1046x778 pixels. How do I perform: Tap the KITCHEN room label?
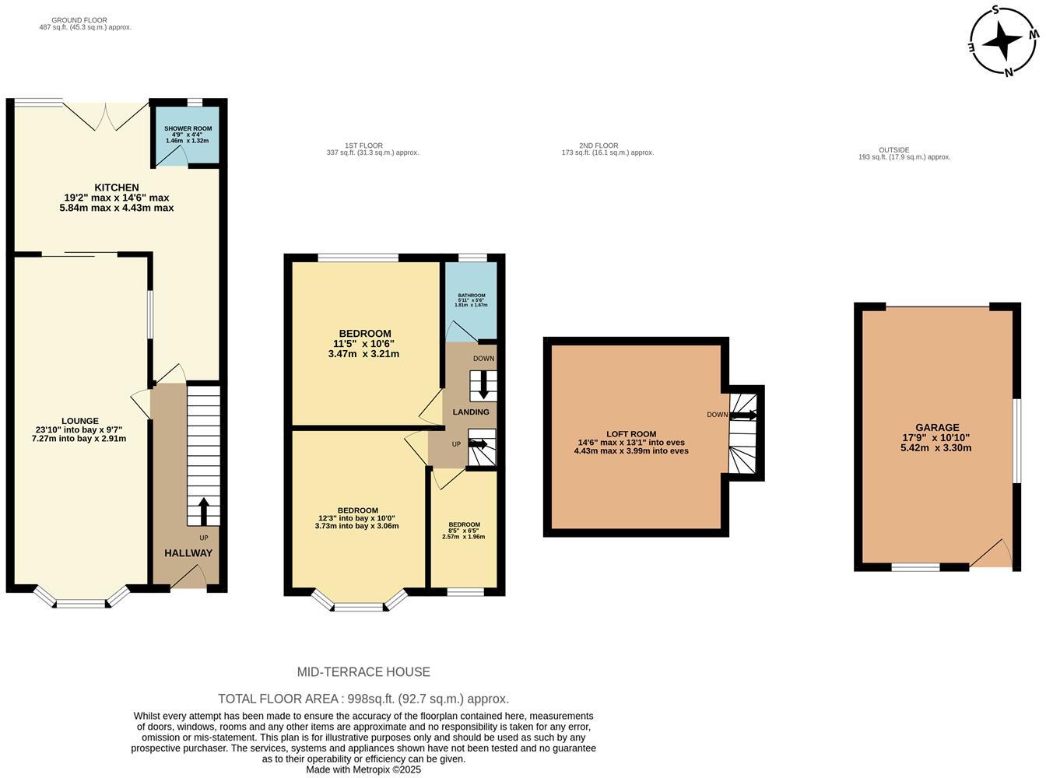coord(117,187)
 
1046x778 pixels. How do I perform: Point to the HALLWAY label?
coord(188,553)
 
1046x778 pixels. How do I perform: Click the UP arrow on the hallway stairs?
coord(204,511)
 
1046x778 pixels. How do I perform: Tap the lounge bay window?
coord(81,601)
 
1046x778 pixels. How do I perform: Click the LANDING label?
coord(471,412)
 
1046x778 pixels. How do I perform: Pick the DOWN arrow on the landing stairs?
coord(483,385)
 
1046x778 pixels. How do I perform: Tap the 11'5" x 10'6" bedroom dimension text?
coord(364,344)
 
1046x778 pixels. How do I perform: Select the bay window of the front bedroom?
coord(359,605)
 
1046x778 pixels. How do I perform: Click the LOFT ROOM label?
coord(631,434)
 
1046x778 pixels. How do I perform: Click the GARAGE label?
coord(936,427)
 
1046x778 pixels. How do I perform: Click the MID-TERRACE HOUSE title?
coord(363,672)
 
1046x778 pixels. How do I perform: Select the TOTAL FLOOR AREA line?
coord(363,699)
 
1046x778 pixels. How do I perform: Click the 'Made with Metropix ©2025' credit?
coord(363,769)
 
